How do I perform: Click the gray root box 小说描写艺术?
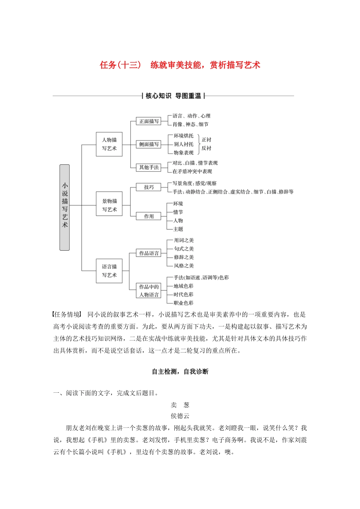point(65,207)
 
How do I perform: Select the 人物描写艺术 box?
point(109,144)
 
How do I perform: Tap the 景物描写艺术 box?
point(109,205)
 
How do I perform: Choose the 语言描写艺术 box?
point(109,271)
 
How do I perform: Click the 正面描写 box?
point(149,121)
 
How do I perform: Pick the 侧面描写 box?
point(149,144)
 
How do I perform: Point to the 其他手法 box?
point(149,167)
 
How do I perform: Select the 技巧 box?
point(149,187)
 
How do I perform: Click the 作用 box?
point(149,216)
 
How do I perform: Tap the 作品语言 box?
point(149,253)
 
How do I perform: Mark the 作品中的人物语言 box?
point(149,291)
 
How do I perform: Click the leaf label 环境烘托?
point(183,136)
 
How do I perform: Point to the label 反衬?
point(207,148)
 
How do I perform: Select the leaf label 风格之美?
point(184,265)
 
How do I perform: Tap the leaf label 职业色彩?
point(183,303)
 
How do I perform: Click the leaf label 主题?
point(178,229)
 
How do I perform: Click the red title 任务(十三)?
point(120,65)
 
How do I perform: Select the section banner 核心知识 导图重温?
point(173,96)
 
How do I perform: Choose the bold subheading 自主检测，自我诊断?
point(180,372)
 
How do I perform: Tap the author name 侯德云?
point(180,416)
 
